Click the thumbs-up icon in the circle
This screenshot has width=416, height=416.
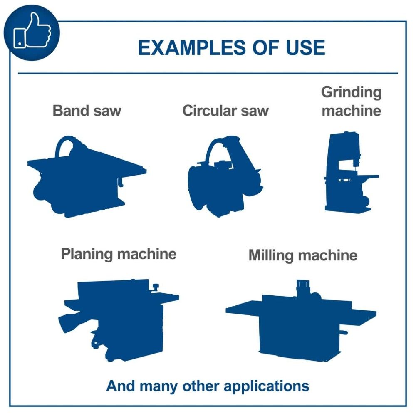coord(32,30)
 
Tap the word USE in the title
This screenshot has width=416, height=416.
coord(305,48)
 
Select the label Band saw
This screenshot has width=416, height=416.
coord(87,110)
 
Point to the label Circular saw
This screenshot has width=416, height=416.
coord(225,110)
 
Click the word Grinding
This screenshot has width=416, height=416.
coord(351,93)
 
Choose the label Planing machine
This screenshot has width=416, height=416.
coord(119,254)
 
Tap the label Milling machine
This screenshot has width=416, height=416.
coord(303,255)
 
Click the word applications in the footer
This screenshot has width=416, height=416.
coord(266,386)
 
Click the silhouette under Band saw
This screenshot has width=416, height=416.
coord(87,177)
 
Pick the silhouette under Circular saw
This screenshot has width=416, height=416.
coord(225,176)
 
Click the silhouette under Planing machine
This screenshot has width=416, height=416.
coord(118,320)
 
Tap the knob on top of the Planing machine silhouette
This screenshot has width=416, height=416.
coord(155,287)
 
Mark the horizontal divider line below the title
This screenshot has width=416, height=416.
coord(208,73)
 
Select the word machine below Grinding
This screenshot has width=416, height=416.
coord(352,111)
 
